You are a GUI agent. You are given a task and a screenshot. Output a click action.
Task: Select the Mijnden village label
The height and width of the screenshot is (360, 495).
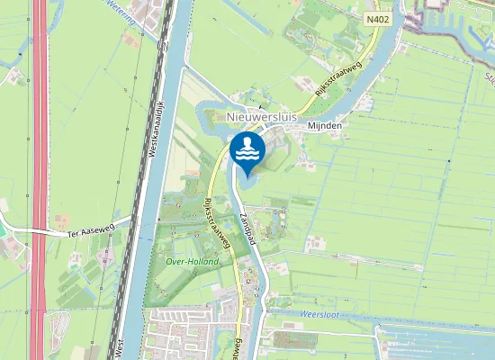pyautogui.click(x=324, y=126)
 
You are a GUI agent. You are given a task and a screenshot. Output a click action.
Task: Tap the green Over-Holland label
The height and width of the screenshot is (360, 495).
pyautogui.click(x=193, y=261)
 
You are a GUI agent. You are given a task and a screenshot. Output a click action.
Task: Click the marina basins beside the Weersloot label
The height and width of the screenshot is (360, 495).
pyautogui.click(x=432, y=337)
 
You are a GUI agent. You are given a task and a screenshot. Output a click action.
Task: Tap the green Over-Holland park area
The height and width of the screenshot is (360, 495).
pyautogui.click(x=184, y=243)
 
